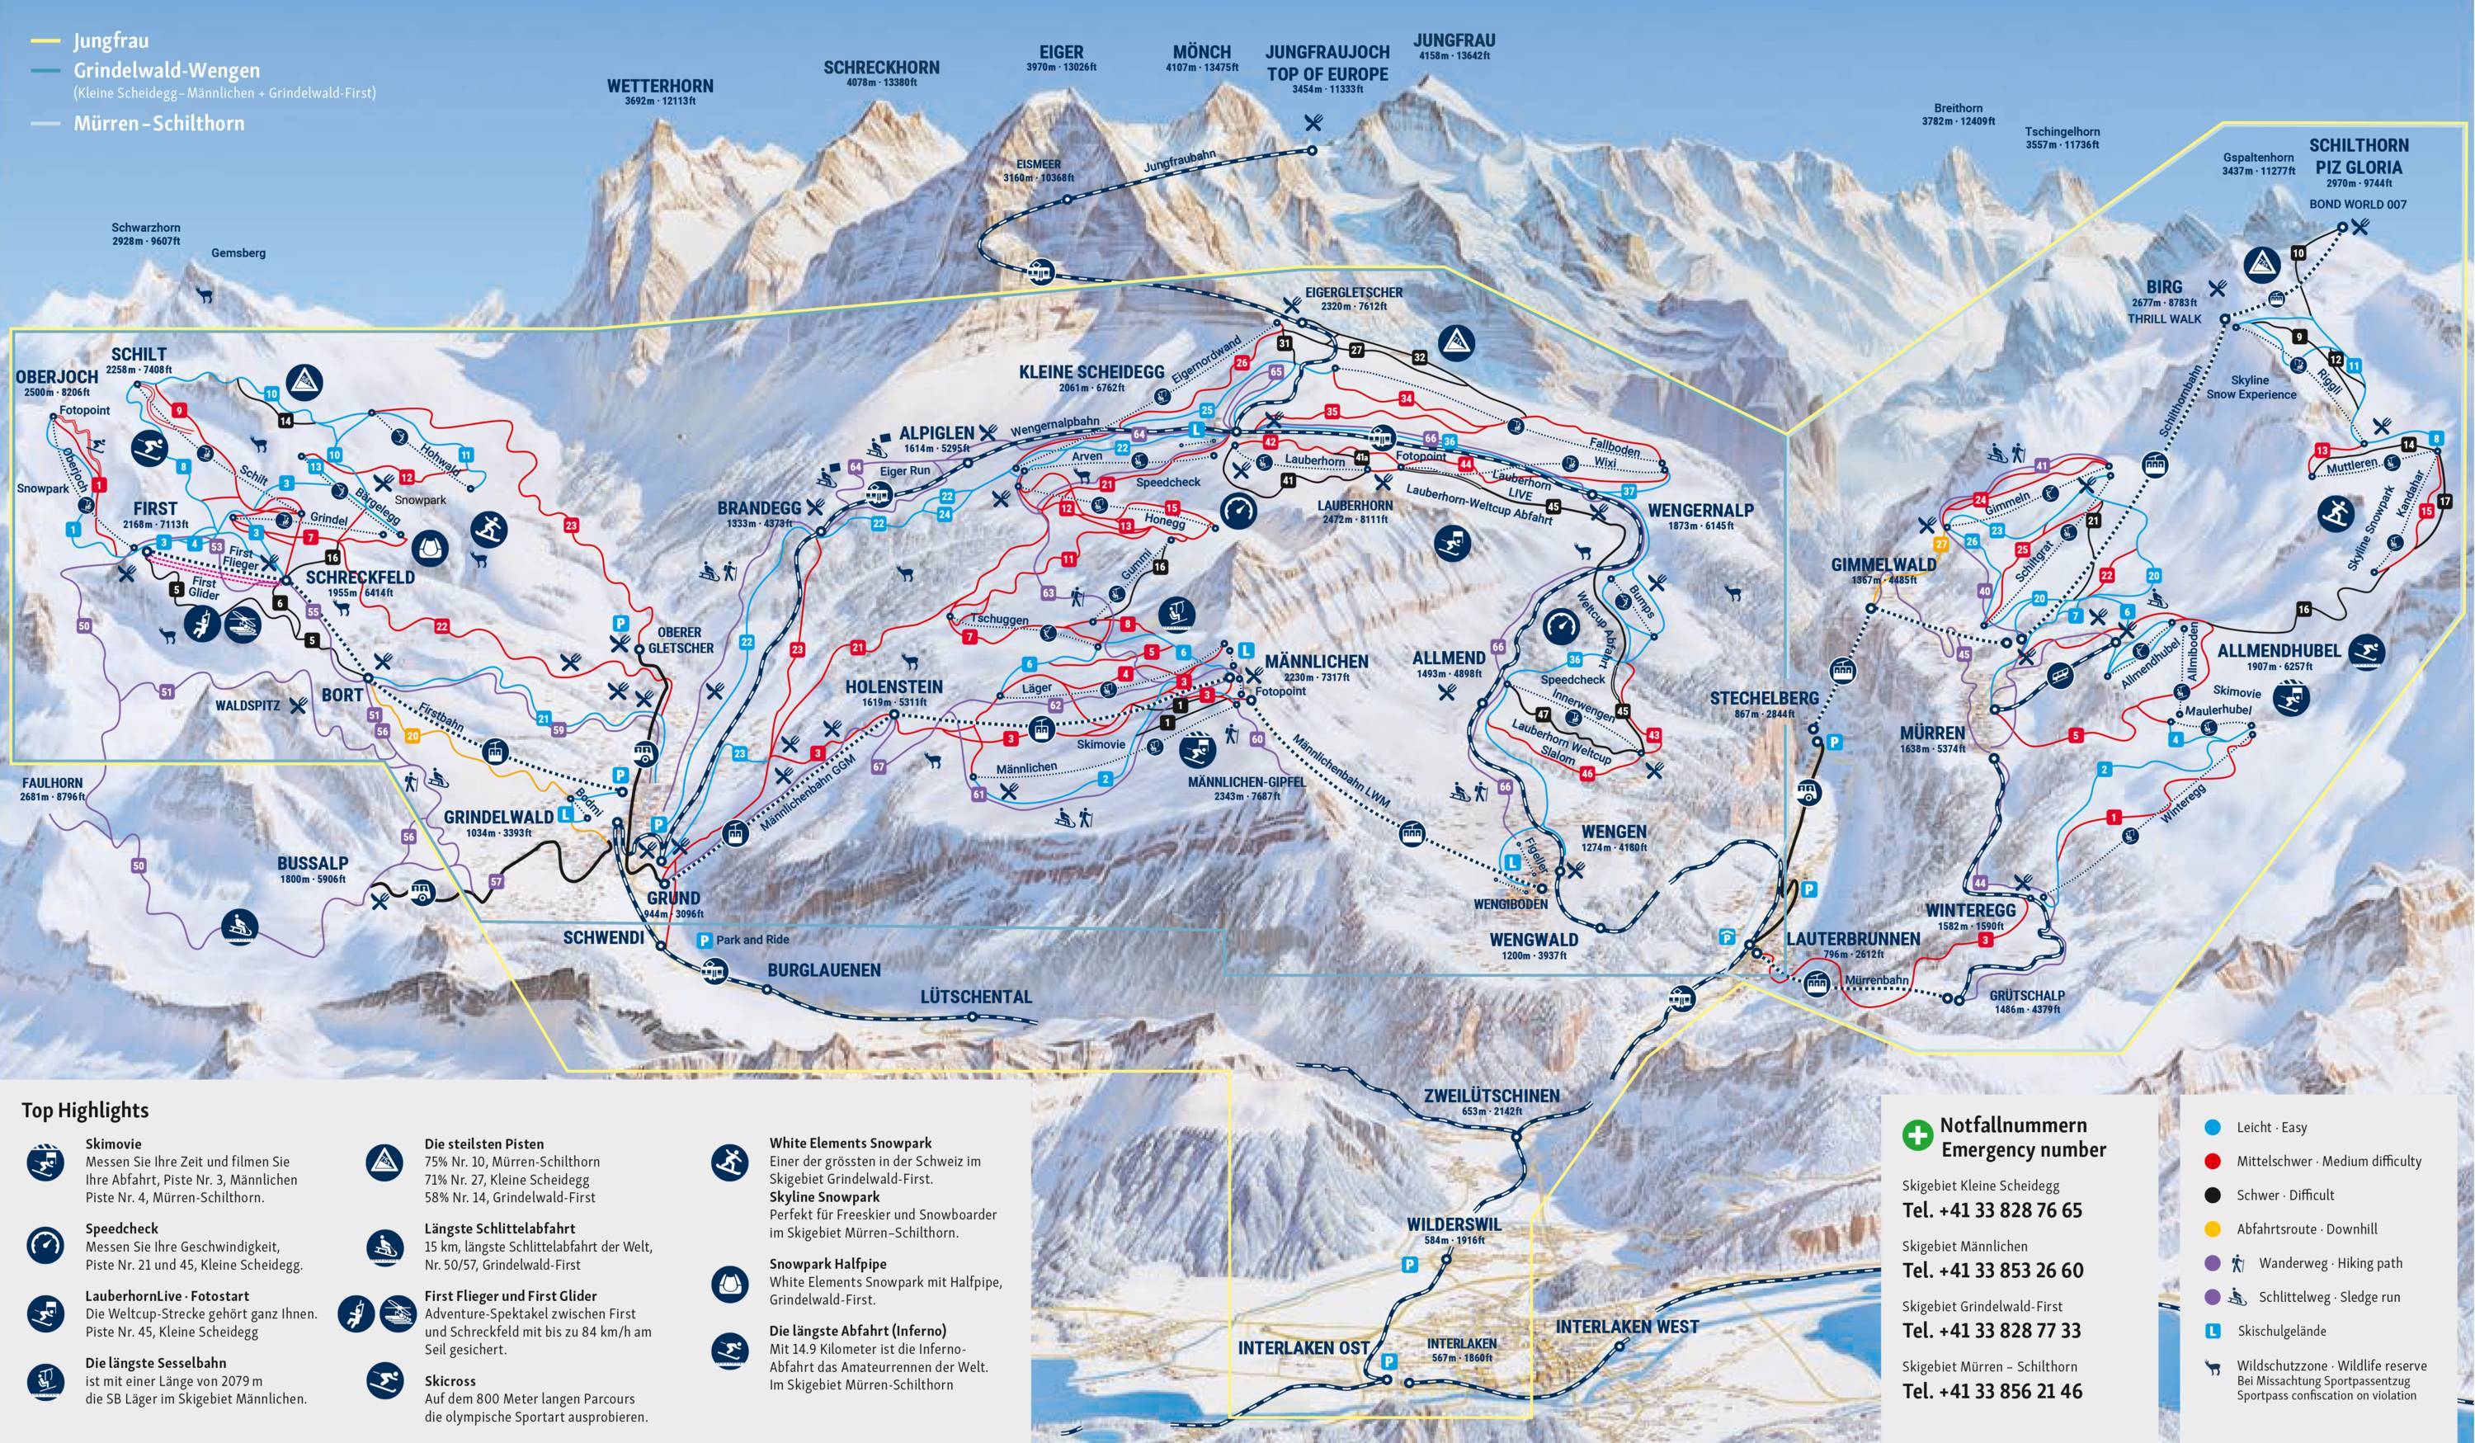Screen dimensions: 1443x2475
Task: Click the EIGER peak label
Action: [1061, 52]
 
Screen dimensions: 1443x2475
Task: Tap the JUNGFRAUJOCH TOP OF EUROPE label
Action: [1327, 63]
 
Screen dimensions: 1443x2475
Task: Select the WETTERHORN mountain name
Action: [660, 87]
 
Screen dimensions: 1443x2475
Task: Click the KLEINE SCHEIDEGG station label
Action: [1091, 372]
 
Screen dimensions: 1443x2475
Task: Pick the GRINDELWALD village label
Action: [498, 818]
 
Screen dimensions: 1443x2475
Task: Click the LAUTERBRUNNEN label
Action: [1852, 939]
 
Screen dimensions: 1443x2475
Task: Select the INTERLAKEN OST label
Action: [1303, 1348]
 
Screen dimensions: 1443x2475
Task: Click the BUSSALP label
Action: [313, 864]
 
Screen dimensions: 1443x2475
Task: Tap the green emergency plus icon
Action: [1917, 1135]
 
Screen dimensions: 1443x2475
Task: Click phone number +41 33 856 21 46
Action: [1992, 1391]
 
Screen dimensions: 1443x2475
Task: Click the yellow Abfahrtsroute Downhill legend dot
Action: [2213, 1228]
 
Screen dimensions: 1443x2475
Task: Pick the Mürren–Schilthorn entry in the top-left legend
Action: [158, 124]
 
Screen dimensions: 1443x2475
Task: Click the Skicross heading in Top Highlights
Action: [450, 1380]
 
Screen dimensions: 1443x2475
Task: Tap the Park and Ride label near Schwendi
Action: [752, 940]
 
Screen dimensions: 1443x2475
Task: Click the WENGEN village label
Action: [1614, 831]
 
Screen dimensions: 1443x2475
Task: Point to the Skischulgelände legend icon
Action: [2213, 1331]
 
